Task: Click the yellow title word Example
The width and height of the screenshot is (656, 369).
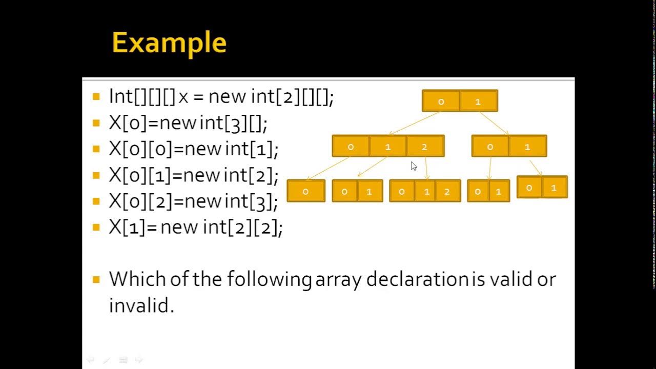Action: click(169, 43)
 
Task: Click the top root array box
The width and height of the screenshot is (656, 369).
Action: click(460, 101)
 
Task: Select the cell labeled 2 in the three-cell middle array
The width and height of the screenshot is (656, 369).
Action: click(425, 147)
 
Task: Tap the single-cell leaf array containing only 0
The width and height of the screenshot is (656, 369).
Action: click(306, 191)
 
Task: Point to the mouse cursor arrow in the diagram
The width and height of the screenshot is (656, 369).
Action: click(414, 166)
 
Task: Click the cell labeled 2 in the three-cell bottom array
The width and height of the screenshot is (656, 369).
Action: click(447, 191)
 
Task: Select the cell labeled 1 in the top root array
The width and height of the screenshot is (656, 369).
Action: click(478, 101)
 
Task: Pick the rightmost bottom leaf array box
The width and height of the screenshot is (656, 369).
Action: click(542, 188)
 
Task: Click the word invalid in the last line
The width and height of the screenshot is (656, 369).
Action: click(141, 305)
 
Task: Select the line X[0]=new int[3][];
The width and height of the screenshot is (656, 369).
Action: click(188, 123)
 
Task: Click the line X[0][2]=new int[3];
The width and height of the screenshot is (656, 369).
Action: click(193, 201)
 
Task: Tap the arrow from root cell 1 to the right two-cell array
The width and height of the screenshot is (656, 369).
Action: click(494, 124)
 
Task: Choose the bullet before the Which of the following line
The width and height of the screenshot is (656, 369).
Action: click(96, 280)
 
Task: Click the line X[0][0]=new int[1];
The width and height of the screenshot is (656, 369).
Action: click(193, 149)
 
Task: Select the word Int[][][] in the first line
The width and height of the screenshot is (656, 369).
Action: click(142, 96)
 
